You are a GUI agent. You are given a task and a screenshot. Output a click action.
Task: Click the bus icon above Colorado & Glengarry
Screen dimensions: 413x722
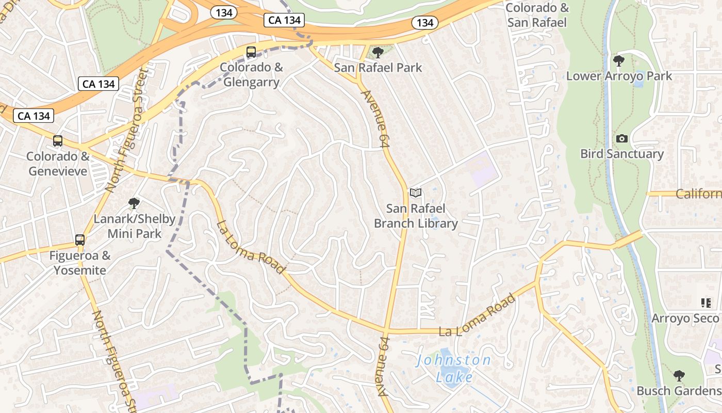(x=251, y=52)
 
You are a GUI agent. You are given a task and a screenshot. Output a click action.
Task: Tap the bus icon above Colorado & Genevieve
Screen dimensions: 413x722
(x=58, y=141)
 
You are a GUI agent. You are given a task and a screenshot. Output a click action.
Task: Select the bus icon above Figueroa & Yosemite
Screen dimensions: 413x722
(x=79, y=240)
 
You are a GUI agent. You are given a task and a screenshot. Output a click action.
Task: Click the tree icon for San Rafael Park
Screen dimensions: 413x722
(x=378, y=52)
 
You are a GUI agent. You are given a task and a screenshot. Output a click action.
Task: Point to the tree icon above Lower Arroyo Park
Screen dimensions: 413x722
(x=619, y=61)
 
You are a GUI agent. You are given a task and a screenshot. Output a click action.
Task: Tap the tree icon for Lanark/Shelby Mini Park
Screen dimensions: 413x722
(x=134, y=203)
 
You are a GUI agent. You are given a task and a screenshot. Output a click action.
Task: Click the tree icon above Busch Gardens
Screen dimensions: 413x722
(x=679, y=375)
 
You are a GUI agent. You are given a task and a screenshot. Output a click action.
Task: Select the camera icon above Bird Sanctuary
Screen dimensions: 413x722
(x=622, y=138)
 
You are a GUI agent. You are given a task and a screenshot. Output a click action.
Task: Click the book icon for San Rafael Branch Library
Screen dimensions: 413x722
(x=416, y=193)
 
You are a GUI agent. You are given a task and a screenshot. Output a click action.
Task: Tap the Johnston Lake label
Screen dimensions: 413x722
(x=453, y=368)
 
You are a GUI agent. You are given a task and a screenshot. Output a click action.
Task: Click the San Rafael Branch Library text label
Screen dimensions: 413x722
(x=416, y=216)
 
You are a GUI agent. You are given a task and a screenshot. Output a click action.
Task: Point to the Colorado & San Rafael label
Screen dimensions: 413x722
(x=537, y=15)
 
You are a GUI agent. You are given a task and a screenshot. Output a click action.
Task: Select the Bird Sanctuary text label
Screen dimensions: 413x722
(x=621, y=154)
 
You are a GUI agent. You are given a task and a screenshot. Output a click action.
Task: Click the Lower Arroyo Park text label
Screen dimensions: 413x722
(x=619, y=76)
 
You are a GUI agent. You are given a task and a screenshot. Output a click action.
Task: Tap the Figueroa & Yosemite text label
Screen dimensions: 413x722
(x=80, y=263)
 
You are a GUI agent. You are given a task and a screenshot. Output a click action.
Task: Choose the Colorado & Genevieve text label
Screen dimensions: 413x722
(x=58, y=164)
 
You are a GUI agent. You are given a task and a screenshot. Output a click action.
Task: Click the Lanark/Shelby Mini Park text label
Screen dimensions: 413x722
(x=134, y=226)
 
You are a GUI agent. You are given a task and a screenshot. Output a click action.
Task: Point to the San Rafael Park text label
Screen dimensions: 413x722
(x=378, y=68)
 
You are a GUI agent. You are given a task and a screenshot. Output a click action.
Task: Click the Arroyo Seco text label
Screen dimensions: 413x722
(x=685, y=318)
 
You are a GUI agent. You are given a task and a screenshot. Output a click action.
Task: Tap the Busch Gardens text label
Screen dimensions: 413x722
(x=679, y=391)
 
